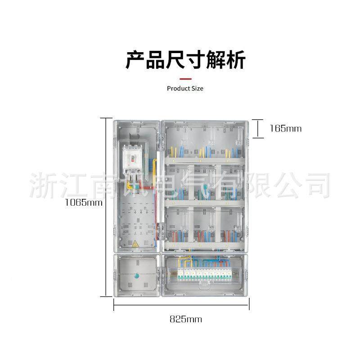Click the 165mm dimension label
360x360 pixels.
pos(285,128)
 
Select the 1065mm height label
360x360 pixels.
pos(83,202)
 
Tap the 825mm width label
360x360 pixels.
pos(185,319)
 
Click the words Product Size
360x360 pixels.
pos(185,88)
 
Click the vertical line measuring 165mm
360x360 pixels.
pos(258,128)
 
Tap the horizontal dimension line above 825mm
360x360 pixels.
pos(181,305)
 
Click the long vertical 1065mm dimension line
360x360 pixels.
pos(106,207)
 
